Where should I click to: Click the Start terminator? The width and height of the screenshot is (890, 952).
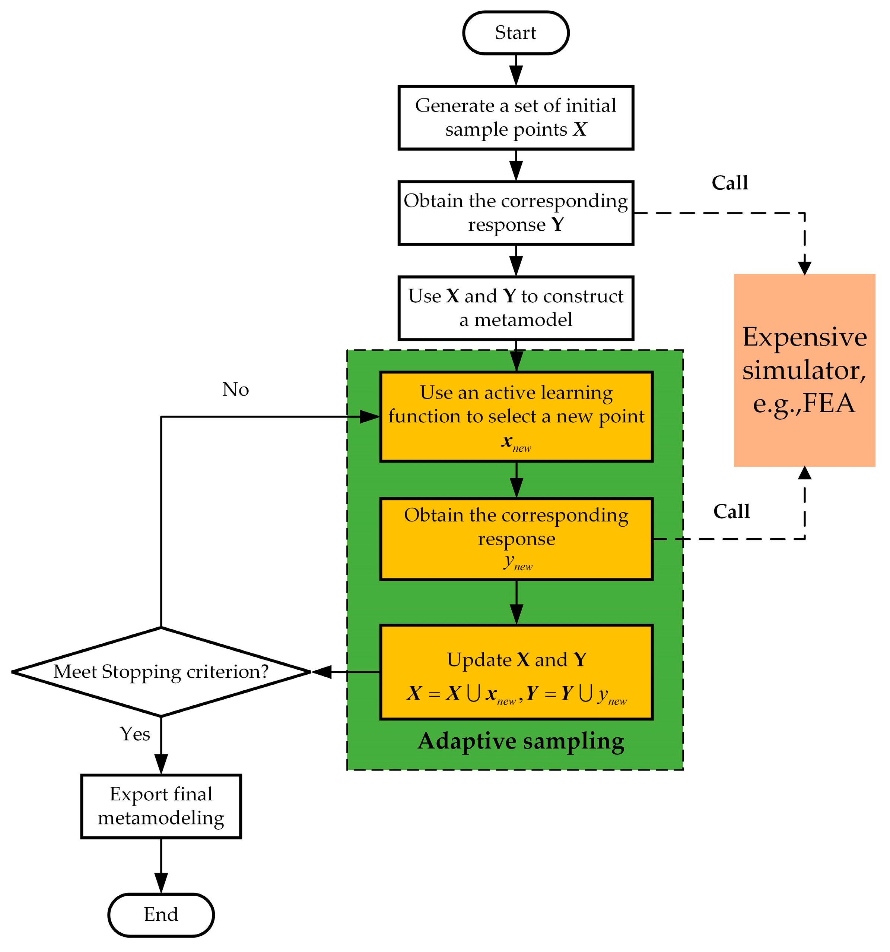point(515,32)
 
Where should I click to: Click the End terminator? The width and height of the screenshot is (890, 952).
point(161,914)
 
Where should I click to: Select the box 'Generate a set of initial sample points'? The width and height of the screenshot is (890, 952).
point(515,117)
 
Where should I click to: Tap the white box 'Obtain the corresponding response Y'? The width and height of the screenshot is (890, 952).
point(515,212)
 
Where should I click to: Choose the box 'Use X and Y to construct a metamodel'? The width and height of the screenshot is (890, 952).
point(515,308)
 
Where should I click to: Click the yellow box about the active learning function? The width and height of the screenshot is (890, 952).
point(516,416)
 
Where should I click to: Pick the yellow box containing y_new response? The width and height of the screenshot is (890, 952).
point(516,539)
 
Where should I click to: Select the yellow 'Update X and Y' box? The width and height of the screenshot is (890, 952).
point(516,671)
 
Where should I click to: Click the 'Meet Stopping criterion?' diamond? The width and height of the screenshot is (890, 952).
point(161,671)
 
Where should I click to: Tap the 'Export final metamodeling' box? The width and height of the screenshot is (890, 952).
point(161,806)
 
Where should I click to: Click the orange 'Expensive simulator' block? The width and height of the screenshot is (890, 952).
point(804,370)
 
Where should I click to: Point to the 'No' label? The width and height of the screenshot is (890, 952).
point(235,389)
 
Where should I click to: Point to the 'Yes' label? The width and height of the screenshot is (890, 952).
point(135,734)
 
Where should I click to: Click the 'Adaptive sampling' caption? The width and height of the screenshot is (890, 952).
point(521,741)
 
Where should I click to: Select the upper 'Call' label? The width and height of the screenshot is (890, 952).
point(729,182)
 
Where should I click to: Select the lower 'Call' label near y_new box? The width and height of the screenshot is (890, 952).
point(731,511)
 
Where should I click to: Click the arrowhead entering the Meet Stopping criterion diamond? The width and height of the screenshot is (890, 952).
point(321,672)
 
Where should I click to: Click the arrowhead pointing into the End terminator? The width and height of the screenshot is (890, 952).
point(161,882)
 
